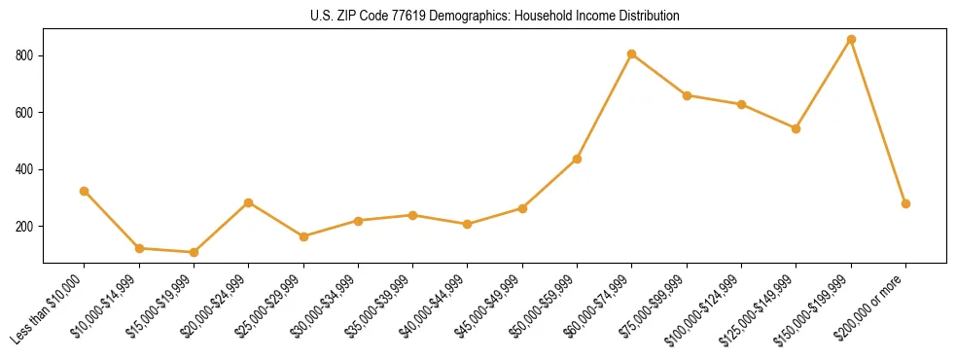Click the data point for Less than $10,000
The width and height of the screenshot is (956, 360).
85,191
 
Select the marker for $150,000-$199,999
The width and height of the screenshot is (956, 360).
851,40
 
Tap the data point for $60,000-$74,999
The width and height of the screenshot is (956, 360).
632,54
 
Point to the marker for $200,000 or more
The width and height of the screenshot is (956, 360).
905,203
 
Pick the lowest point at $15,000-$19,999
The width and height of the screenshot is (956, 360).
194,252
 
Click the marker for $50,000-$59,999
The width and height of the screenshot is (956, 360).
578,159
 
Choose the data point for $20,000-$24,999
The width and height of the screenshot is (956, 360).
249,202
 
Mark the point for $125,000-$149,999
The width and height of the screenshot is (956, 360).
797,128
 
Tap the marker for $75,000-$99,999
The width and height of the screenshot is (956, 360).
687,95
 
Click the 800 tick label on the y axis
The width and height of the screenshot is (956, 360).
25,55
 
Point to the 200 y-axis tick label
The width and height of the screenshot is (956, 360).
25,227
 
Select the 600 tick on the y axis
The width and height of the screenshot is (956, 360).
25,113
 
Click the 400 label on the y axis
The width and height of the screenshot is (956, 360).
25,169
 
